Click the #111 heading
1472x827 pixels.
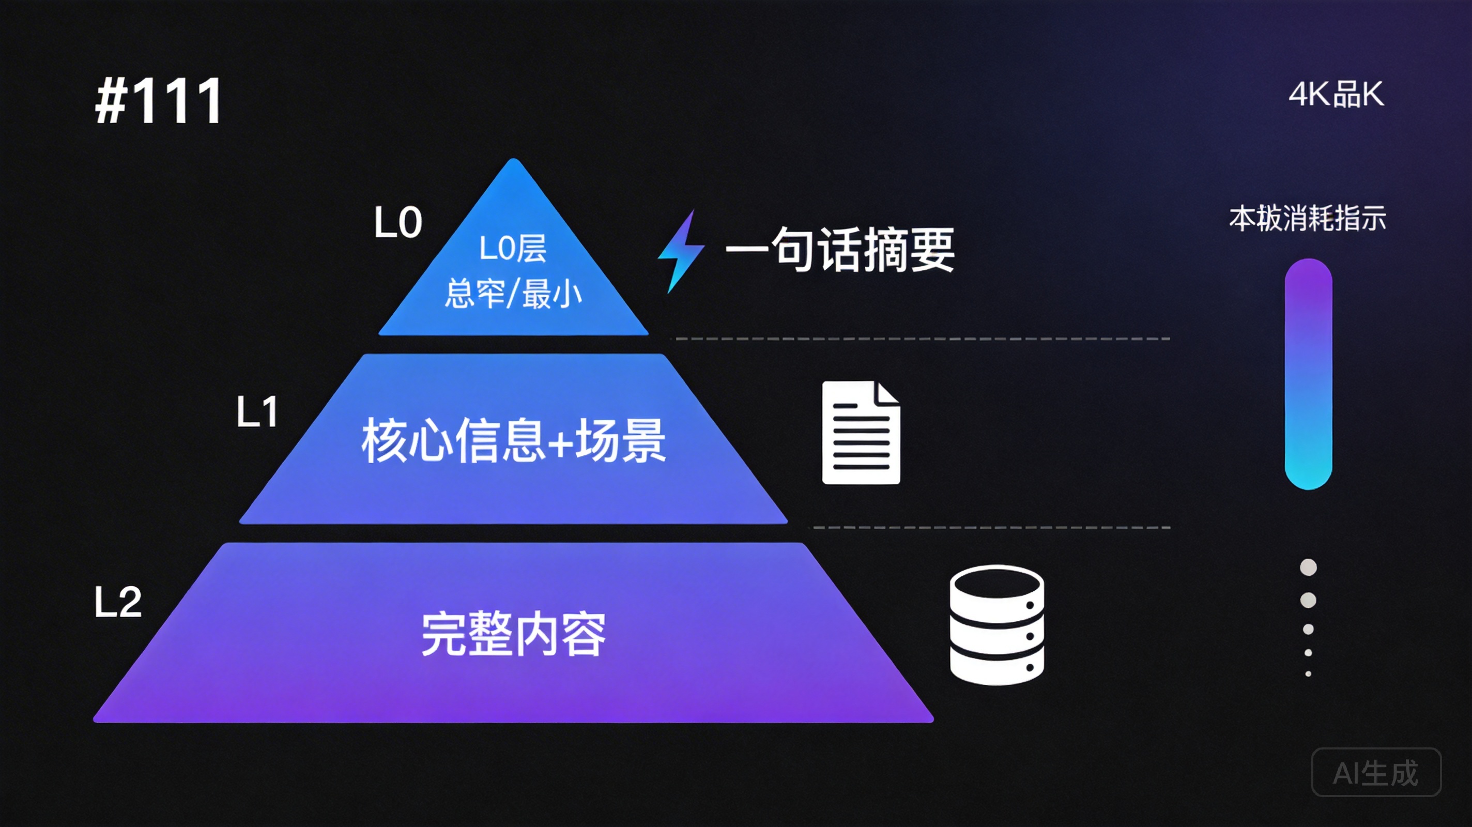coord(159,101)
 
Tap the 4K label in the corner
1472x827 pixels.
coord(1336,94)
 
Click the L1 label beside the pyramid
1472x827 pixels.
coord(258,411)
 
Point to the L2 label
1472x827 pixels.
coord(118,602)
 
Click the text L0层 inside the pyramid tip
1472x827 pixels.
coord(513,249)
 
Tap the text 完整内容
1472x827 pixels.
coord(513,634)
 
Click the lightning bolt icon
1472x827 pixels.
coord(681,252)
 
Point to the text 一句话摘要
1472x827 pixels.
coord(840,250)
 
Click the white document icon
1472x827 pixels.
coord(861,433)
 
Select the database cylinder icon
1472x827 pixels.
coord(996,625)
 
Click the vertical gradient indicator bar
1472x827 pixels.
coord(1308,374)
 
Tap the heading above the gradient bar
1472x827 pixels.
coord(1308,218)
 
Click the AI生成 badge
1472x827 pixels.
coord(1376,772)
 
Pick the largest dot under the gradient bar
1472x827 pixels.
coord(1308,568)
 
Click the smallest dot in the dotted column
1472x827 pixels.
coord(1308,674)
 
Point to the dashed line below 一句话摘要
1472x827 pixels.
coord(920,339)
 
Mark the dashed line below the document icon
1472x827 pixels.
coord(991,528)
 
